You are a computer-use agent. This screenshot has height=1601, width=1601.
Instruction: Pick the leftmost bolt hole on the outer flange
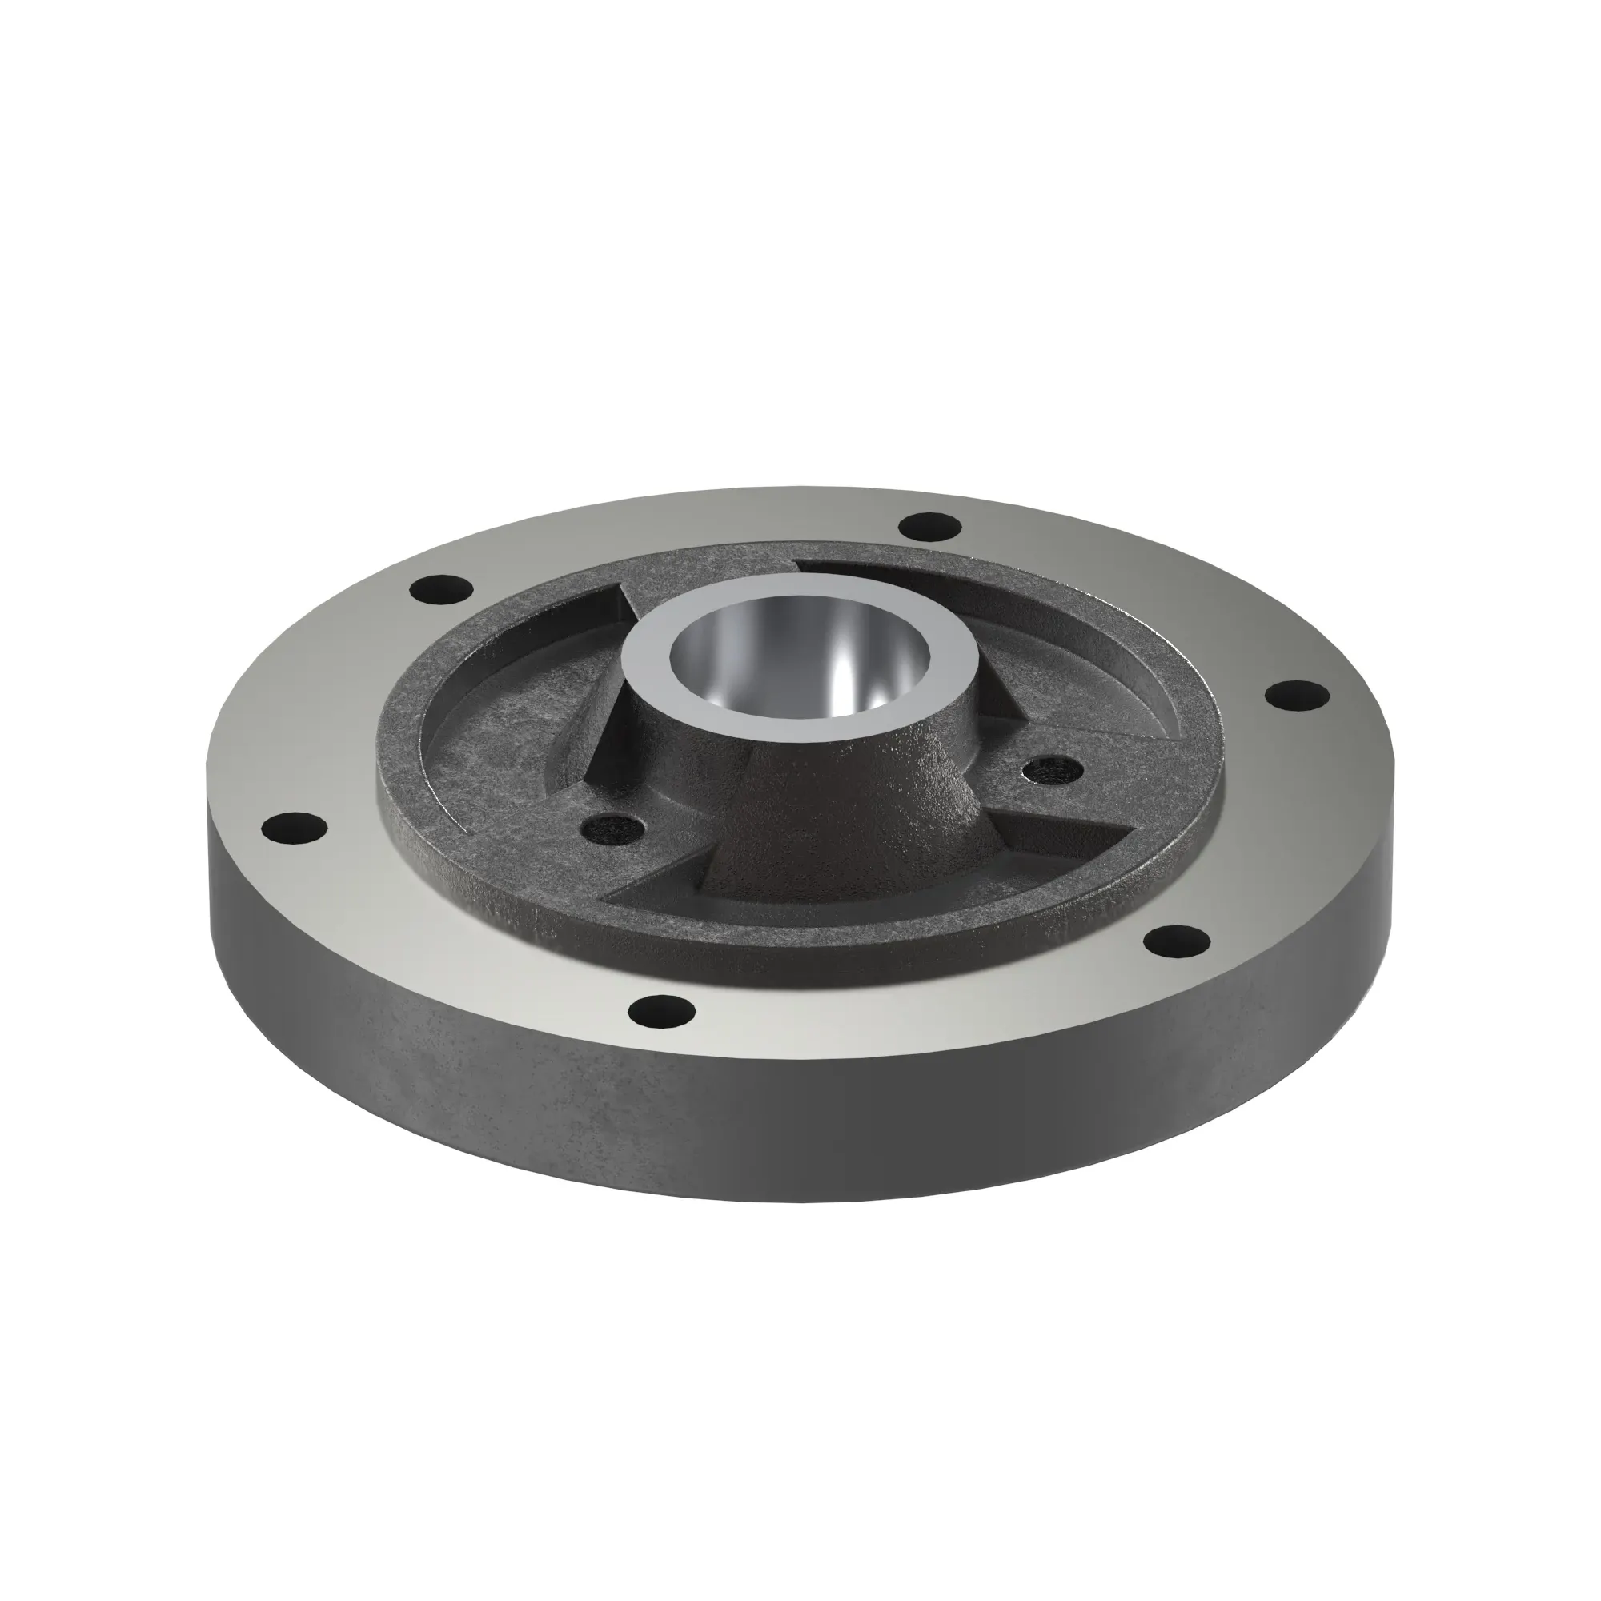point(293,828)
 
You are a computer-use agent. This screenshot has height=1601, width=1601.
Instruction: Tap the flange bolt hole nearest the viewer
point(661,1010)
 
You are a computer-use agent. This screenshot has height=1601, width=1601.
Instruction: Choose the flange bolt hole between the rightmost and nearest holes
point(1177,939)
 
